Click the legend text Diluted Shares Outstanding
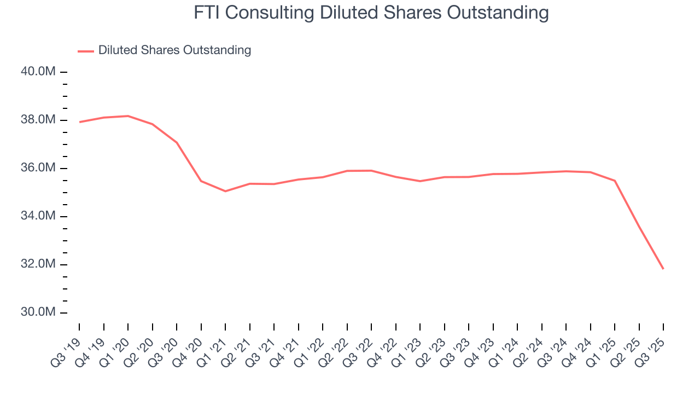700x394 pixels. coord(174,50)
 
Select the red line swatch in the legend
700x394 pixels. coord(86,51)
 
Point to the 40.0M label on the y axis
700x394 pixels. coord(39,72)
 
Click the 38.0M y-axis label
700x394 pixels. coord(39,120)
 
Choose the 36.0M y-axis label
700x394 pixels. coord(39,168)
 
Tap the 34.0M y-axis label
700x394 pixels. coord(39,216)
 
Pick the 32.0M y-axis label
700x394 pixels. coord(39,264)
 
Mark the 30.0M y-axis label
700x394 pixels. coord(39,312)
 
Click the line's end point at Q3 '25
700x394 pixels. coord(663,269)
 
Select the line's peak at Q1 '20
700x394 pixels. coord(128,116)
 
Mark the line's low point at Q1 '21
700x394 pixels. coord(225,191)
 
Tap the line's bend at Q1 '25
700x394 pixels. coord(615,181)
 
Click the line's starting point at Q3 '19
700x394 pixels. coord(80,122)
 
